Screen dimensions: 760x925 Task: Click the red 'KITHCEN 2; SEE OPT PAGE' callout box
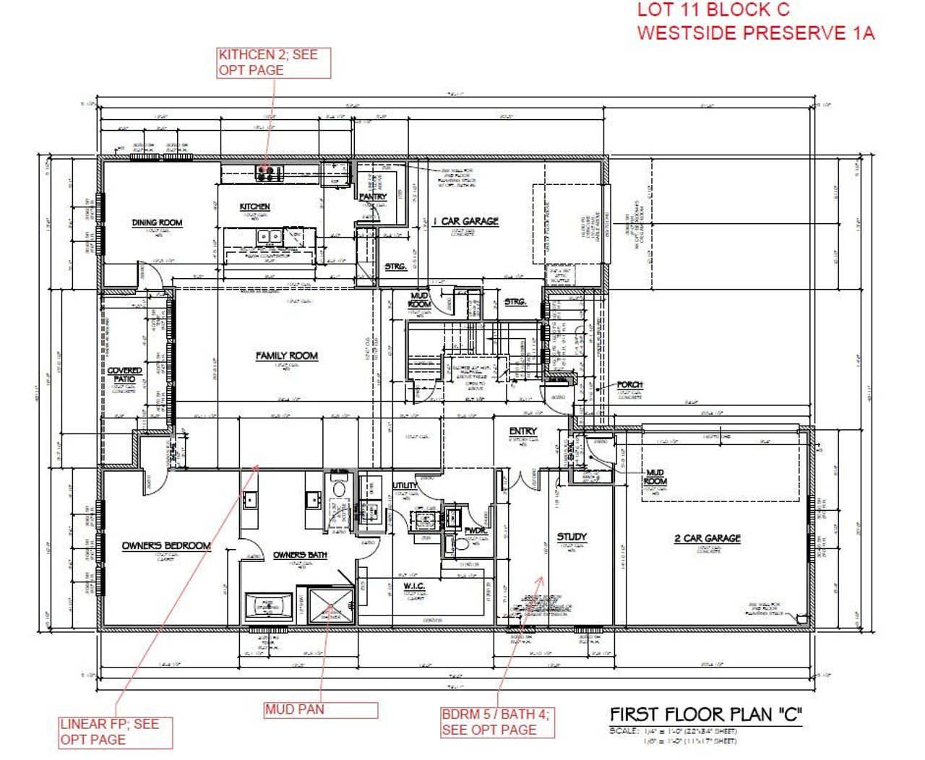274,63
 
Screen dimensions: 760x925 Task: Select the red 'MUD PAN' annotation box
320,709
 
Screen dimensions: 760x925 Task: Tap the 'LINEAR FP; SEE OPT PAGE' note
116,732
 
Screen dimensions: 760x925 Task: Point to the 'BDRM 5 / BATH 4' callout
497,722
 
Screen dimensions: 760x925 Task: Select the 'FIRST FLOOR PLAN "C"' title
706,714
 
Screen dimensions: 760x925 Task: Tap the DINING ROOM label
157,223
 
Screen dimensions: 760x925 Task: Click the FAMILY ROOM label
287,355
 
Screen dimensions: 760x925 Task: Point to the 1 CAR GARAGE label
465,221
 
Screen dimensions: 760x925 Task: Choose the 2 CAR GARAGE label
707,538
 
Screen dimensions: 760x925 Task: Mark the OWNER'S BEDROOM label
166,545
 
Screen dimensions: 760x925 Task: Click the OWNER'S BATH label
300,555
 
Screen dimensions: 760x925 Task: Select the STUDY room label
572,537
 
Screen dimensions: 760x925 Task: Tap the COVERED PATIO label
125,374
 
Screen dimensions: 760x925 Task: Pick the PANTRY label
373,197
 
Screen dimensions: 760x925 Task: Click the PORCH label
630,385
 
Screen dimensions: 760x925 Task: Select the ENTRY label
522,431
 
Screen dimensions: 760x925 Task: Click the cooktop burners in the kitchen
267,173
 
